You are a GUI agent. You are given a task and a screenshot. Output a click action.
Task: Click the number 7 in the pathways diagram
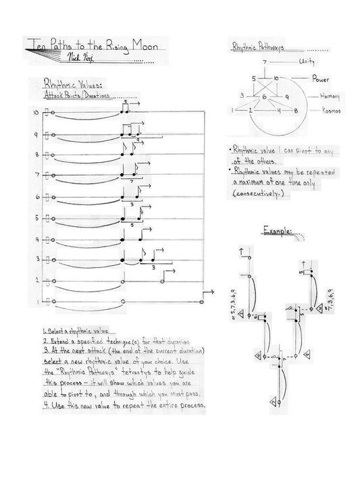click(266, 62)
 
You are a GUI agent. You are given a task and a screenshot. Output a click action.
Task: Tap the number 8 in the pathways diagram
click(295, 110)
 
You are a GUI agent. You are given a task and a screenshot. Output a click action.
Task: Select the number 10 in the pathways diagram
click(276, 79)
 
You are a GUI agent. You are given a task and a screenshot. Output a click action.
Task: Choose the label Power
click(320, 80)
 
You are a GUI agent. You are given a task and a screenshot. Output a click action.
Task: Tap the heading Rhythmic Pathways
click(259, 48)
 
